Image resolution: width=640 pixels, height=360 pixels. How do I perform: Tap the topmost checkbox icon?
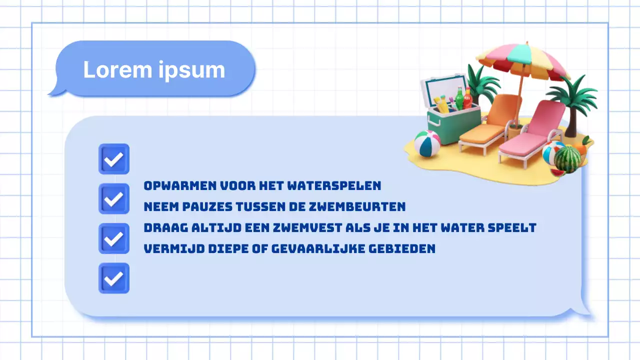click(x=114, y=159)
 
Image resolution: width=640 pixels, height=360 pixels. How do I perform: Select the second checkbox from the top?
click(x=114, y=198)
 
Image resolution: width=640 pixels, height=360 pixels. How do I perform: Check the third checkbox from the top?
click(x=114, y=238)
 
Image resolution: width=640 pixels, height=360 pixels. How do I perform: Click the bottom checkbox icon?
click(x=114, y=278)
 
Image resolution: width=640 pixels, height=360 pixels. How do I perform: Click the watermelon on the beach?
click(x=567, y=159)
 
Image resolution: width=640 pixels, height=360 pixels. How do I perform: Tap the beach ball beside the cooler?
click(x=427, y=143)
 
